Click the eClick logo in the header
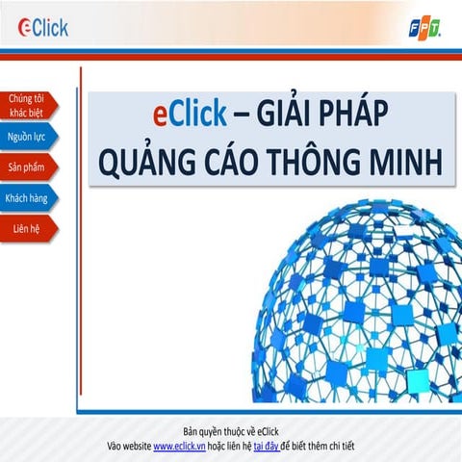coord(43,27)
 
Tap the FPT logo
coord(424,28)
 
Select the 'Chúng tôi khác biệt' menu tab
coord(27,105)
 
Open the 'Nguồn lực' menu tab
coord(27,137)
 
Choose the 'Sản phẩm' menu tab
coord(27,167)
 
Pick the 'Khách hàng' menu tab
coord(27,197)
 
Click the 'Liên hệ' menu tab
coord(27,228)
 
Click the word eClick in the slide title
coord(190,115)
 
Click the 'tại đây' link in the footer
coord(266,447)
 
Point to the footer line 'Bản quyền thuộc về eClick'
coord(230,430)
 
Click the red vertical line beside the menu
coord(81,231)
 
